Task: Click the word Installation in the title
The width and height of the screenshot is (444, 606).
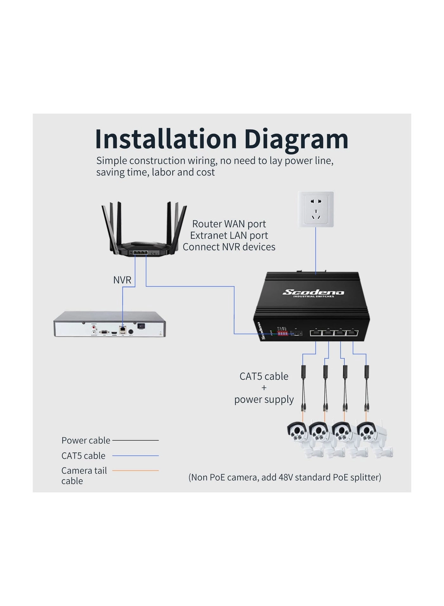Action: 166,139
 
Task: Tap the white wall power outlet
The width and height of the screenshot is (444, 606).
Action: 316,209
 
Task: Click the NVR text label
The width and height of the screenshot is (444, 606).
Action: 122,280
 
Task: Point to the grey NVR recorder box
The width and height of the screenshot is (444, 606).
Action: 109,324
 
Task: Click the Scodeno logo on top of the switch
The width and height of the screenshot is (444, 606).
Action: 313,292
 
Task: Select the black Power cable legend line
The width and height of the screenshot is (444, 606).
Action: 135,440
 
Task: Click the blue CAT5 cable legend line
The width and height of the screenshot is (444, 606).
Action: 135,456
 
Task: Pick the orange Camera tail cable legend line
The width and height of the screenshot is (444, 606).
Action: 135,470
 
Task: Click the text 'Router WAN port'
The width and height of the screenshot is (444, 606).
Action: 229,224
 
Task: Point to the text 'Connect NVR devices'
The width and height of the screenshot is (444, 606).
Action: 229,247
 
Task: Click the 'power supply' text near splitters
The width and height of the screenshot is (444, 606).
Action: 264,399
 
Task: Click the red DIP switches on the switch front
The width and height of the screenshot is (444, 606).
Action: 282,334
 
